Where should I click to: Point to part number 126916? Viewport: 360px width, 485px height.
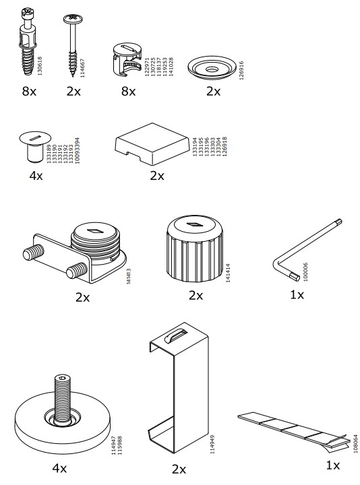(x=242, y=71)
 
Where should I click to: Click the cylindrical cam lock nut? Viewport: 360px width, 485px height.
(x=126, y=59)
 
